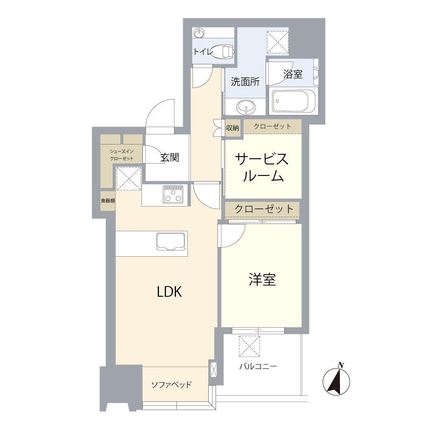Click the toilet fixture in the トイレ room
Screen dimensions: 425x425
[223, 52]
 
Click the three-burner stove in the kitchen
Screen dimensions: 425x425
[173, 195]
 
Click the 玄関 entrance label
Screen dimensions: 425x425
[169, 157]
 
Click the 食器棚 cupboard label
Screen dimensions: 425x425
[108, 201]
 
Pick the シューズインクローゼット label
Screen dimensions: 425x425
[122, 155]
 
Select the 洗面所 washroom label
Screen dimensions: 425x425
[245, 82]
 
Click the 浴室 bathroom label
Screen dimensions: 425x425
[293, 74]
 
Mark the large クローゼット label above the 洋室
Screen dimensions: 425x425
[263, 209]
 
